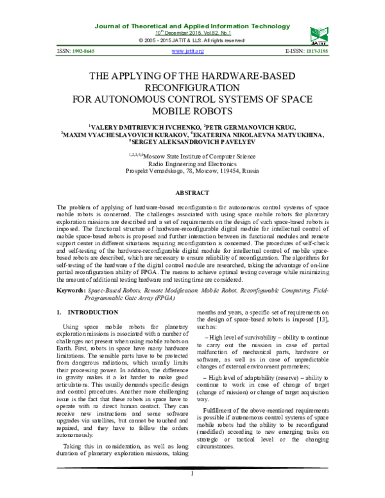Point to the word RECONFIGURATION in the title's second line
[x=193, y=87]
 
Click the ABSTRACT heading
[x=193, y=193]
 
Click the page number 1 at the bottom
[x=193, y=491]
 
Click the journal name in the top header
[x=192, y=26]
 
